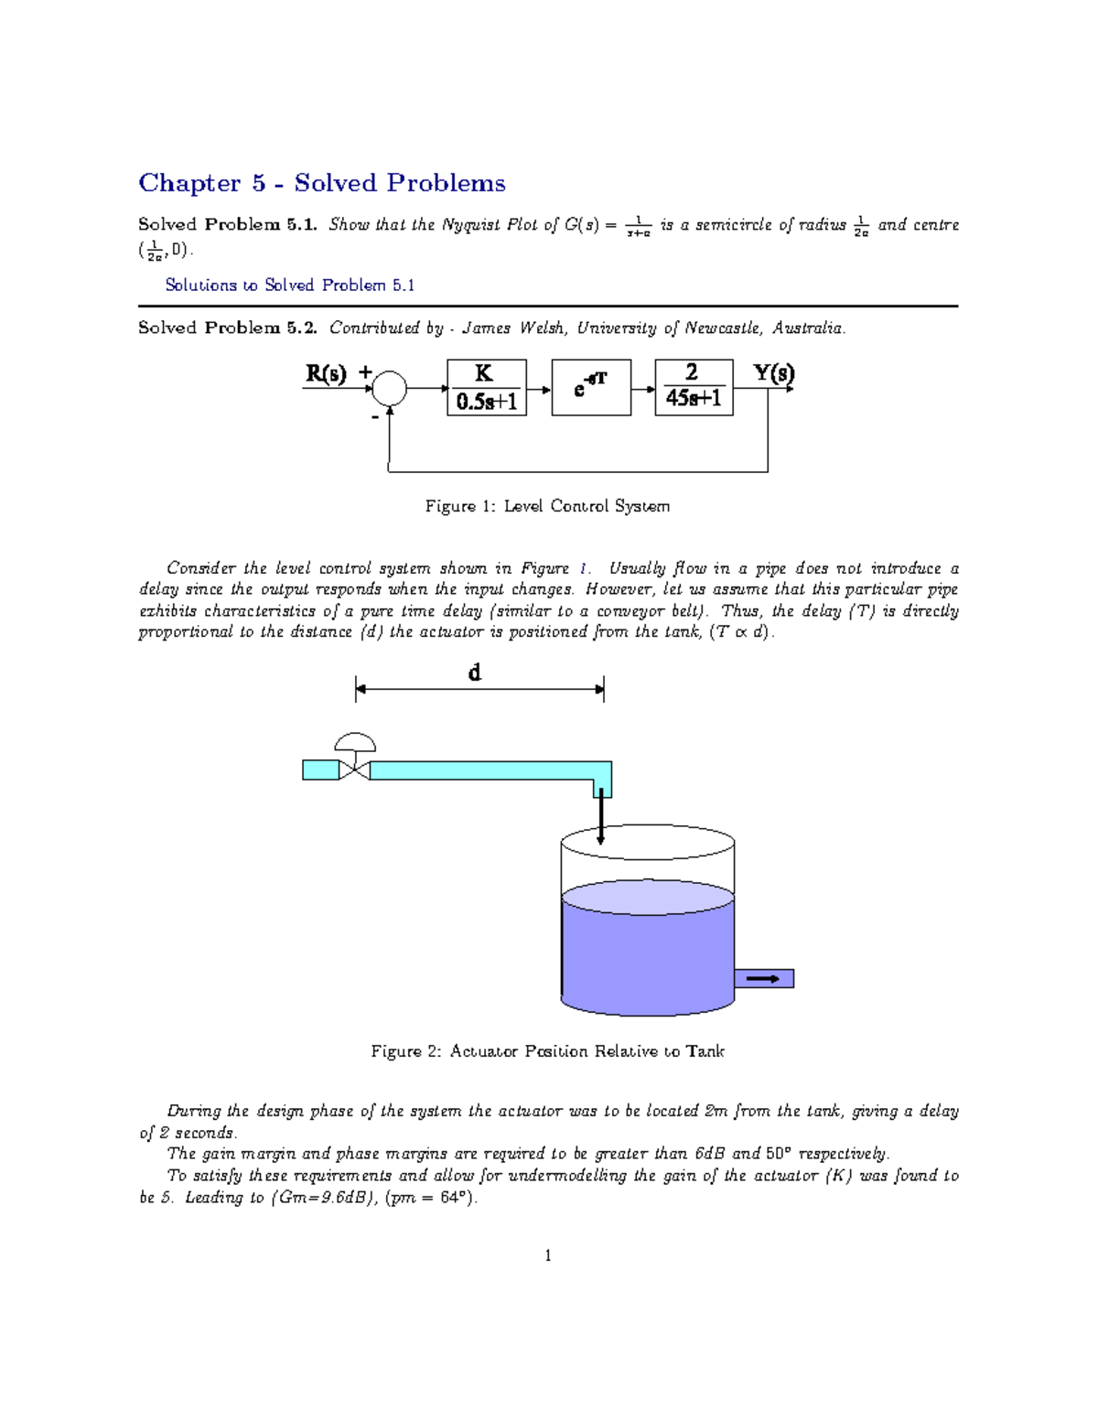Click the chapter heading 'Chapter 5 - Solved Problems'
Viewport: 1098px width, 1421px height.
(x=321, y=183)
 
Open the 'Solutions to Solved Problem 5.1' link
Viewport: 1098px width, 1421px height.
(x=289, y=285)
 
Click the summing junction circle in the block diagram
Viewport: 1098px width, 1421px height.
(x=389, y=389)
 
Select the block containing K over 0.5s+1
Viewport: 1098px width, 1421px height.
(x=486, y=388)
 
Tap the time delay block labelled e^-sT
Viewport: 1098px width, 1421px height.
(x=591, y=388)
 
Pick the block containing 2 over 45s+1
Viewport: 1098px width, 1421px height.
(x=694, y=388)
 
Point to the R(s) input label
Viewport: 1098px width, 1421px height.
(x=326, y=373)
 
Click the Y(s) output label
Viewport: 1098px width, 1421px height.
(x=774, y=372)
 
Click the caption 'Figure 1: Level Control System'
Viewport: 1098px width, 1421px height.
(x=547, y=506)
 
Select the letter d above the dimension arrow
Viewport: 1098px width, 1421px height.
(x=474, y=673)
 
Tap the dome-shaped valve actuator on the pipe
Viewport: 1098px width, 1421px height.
(x=355, y=741)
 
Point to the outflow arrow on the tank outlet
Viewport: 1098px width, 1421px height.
(x=763, y=979)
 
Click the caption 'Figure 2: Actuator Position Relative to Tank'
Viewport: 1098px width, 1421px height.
(x=547, y=1051)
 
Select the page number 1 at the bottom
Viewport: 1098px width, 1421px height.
(x=548, y=1255)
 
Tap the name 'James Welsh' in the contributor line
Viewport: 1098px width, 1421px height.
(x=511, y=328)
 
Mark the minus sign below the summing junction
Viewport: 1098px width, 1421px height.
(x=374, y=417)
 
